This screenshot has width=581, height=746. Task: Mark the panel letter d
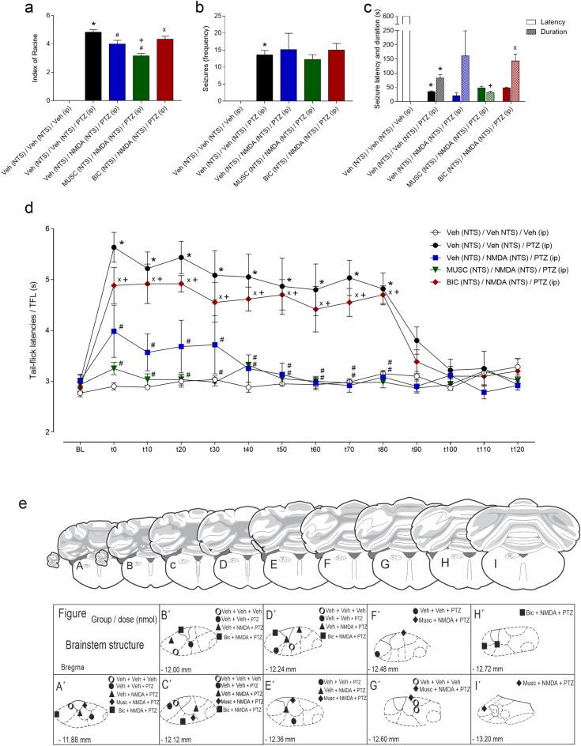[x=28, y=211]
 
